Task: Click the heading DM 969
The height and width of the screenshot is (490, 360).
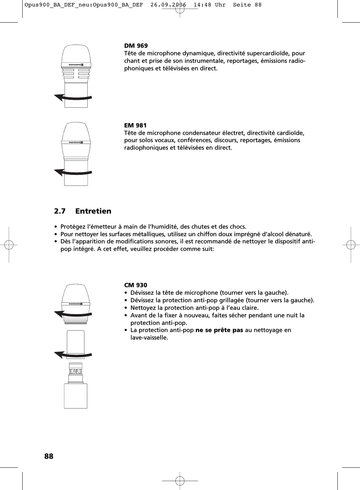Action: [x=136, y=46]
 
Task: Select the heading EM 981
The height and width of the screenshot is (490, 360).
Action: [x=135, y=125]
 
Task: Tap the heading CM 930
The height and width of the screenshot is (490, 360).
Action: [x=135, y=285]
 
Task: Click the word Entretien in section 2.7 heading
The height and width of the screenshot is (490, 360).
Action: [x=93, y=211]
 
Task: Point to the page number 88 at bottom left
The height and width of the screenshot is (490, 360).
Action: [x=49, y=456]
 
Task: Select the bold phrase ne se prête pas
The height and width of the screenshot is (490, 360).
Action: [x=219, y=330]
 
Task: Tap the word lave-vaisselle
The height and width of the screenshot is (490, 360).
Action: [x=149, y=337]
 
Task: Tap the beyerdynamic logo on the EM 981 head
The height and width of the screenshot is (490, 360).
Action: [x=76, y=142]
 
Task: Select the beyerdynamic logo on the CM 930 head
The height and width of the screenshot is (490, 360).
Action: [x=76, y=304]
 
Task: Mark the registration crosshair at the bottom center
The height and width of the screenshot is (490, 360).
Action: [x=180, y=480]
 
